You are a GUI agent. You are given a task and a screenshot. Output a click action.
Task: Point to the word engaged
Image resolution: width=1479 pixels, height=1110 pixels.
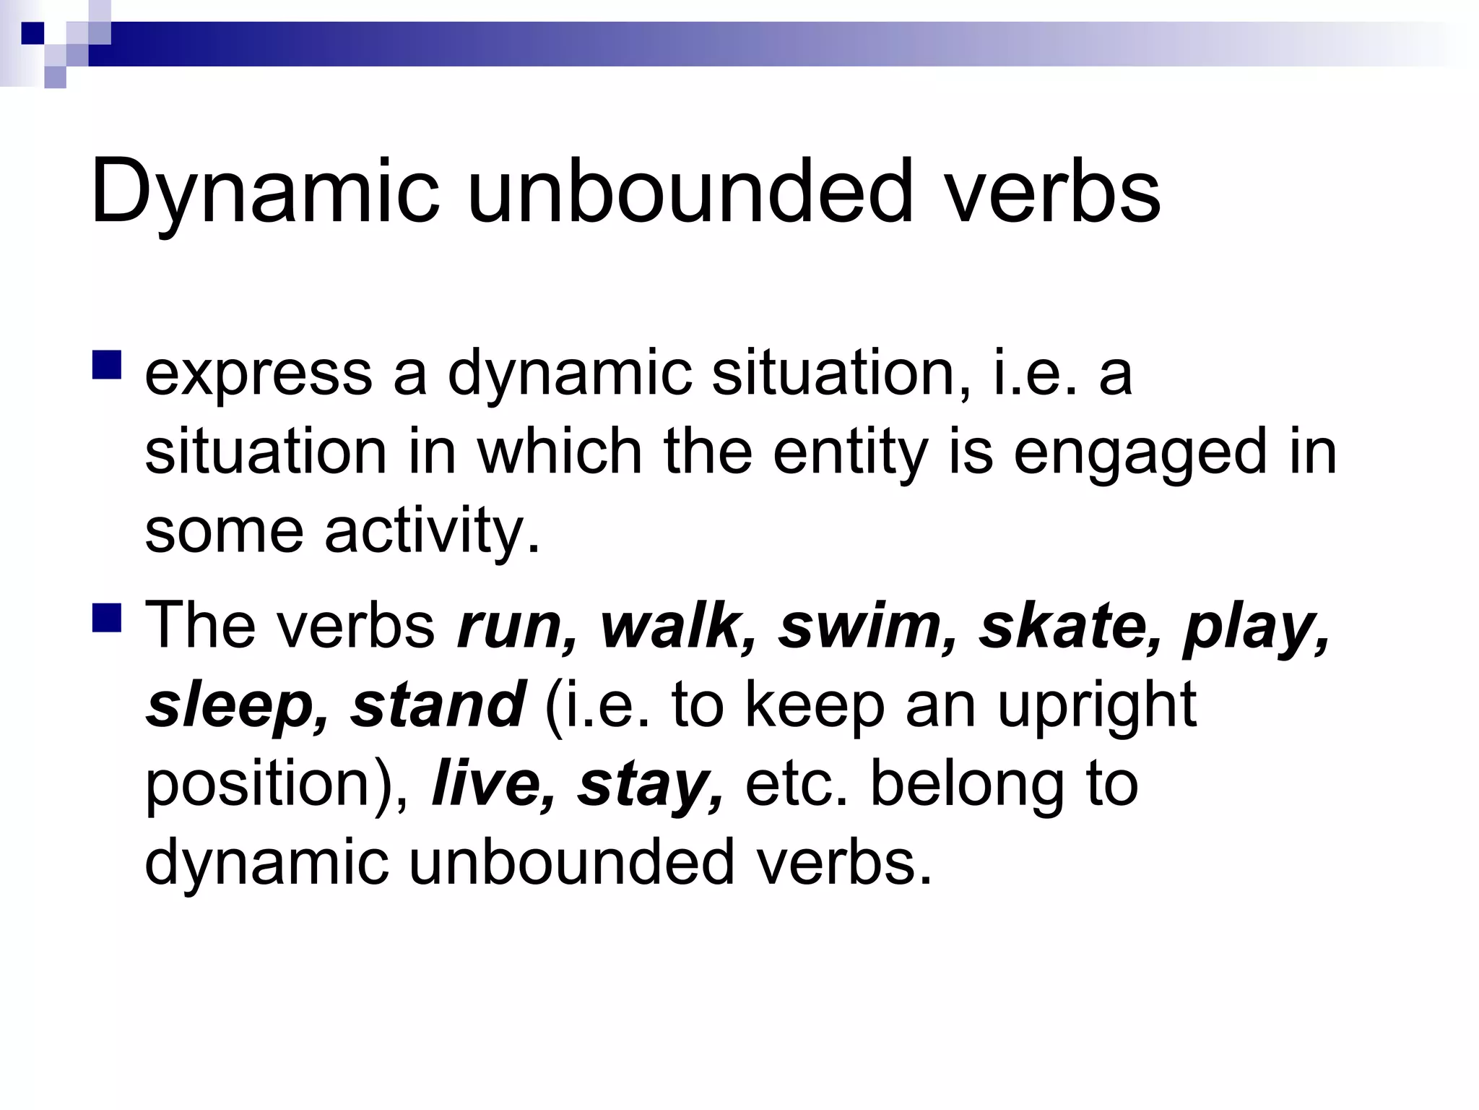1140,453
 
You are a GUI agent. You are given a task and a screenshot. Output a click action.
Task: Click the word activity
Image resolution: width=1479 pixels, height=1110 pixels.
432,531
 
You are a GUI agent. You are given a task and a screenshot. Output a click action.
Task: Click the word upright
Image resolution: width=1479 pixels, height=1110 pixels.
1096,706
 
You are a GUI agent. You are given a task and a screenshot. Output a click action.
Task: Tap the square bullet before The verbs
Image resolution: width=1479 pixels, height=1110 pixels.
107,618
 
